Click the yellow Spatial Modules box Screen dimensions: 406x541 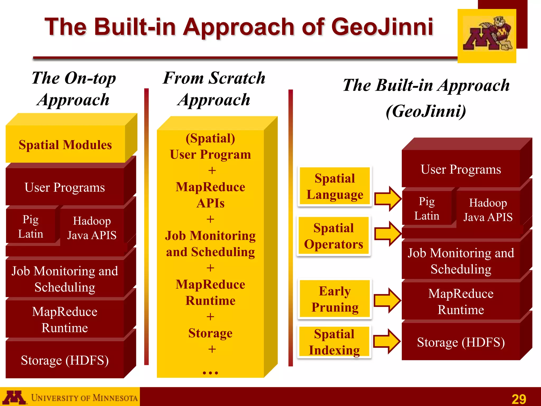click(x=65, y=145)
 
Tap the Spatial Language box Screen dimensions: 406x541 click(x=335, y=186)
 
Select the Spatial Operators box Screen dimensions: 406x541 click(x=334, y=236)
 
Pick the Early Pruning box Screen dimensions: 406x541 click(x=335, y=299)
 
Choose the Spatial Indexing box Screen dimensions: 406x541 click(x=334, y=342)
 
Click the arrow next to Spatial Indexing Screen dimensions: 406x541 click(x=387, y=341)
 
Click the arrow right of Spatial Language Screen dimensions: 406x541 click(x=388, y=199)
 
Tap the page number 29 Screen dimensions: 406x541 click(x=519, y=399)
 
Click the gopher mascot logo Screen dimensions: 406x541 click(x=487, y=35)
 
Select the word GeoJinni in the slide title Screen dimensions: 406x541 click(x=382, y=27)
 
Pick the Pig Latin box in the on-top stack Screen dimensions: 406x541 click(x=31, y=227)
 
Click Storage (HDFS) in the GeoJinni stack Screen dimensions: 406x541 click(x=461, y=342)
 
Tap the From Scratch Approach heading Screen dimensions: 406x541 click(x=214, y=89)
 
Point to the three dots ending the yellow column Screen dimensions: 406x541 click(x=210, y=373)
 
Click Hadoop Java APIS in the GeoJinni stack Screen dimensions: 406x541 click(x=488, y=210)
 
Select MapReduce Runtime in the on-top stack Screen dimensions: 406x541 click(x=65, y=320)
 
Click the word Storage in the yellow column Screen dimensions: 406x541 click(x=210, y=333)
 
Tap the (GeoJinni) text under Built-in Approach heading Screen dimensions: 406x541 click(x=426, y=111)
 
